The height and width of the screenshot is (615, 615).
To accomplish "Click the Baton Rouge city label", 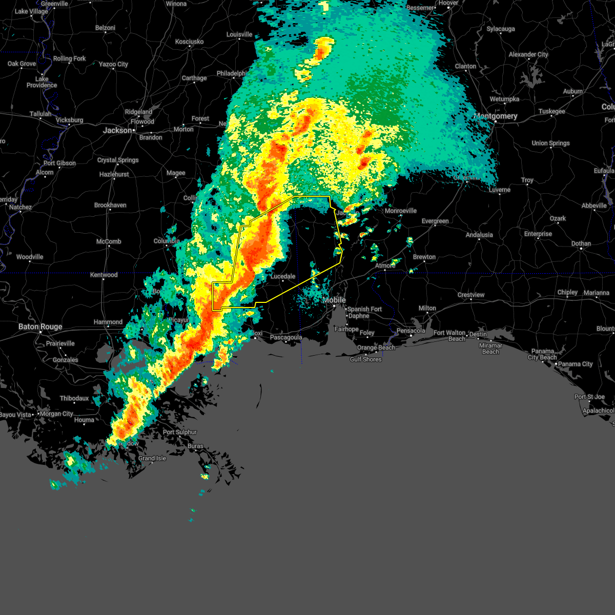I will (x=40, y=326).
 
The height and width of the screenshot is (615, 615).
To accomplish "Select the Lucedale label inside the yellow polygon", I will (x=283, y=276).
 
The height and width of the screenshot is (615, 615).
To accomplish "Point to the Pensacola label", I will (x=411, y=331).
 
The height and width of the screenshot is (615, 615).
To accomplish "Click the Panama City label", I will (x=576, y=364).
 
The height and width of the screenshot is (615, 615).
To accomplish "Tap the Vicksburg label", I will (x=69, y=120).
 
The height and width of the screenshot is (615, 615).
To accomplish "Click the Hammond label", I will (x=108, y=322).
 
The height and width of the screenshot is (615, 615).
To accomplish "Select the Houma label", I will (x=84, y=420).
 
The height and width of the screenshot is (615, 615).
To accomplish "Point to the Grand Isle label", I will (x=152, y=458).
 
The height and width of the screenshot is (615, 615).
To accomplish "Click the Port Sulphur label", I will (x=180, y=432).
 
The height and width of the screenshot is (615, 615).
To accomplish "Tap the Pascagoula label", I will (x=285, y=337).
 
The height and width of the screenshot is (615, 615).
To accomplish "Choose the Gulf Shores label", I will (x=365, y=359).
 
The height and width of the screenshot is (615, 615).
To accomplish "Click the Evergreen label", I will (x=435, y=221).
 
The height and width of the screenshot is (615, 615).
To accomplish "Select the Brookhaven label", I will (x=110, y=205).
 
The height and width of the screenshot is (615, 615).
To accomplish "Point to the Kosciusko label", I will (x=189, y=42).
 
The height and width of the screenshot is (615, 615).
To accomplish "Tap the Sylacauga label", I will (x=501, y=29).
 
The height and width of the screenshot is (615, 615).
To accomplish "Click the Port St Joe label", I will (x=589, y=397).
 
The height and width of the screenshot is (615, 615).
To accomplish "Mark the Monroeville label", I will (x=401, y=211).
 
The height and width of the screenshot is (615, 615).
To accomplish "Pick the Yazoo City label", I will (x=113, y=64).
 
